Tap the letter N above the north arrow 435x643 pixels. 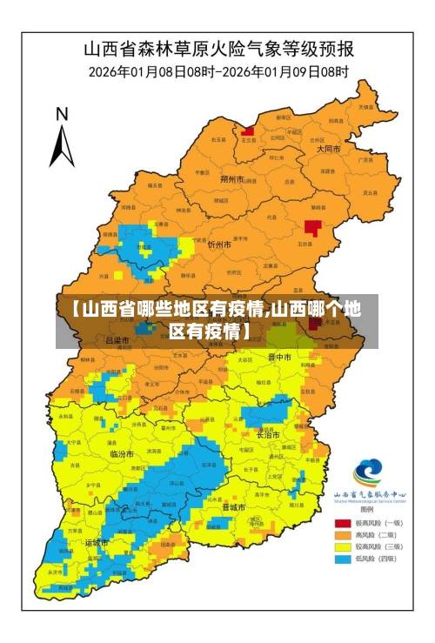[62, 113]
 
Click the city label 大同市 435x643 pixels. [328, 149]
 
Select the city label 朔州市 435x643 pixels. [232, 179]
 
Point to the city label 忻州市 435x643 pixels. [219, 245]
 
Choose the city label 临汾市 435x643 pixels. [123, 454]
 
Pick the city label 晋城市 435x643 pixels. [233, 506]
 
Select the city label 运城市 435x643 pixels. [97, 542]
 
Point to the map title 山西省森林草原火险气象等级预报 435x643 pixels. [218, 48]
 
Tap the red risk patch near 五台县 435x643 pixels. [312, 228]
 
